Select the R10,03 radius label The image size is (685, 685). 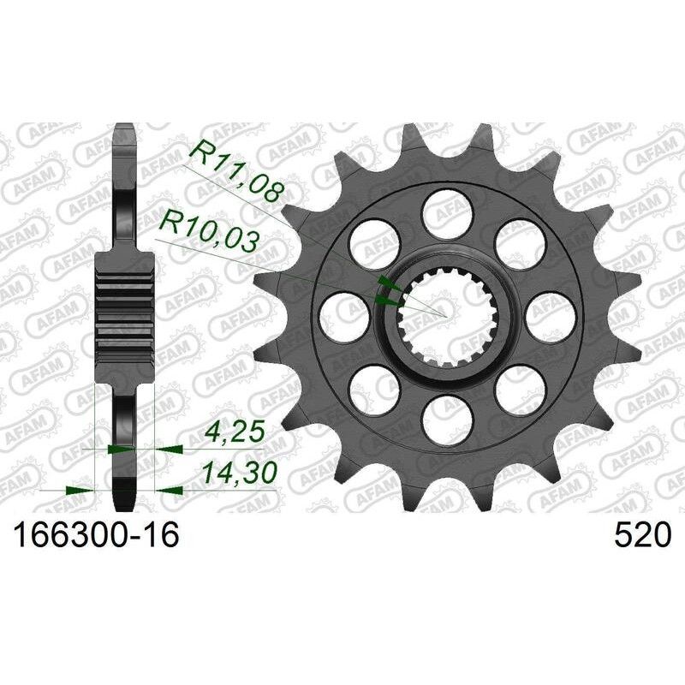point(209,232)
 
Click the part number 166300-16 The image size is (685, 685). point(94,536)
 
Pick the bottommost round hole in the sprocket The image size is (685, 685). point(446,418)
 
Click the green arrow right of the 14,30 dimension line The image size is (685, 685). point(170,491)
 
